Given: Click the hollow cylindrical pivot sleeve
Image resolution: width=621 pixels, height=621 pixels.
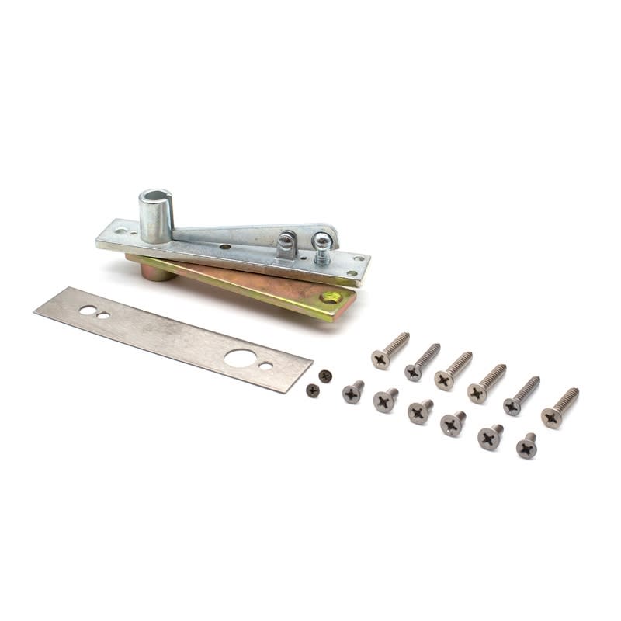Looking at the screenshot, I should tap(155, 213).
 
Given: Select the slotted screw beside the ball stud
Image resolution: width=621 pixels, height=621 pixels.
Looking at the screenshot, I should tap(286, 243).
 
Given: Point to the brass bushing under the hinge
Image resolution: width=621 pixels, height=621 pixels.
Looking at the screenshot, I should tap(156, 271).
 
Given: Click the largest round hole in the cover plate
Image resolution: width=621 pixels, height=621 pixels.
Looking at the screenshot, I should tap(240, 358).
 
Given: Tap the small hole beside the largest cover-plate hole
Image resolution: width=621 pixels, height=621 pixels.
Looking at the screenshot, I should tap(266, 366).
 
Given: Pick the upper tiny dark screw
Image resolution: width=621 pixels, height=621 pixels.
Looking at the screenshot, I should tap(325, 376).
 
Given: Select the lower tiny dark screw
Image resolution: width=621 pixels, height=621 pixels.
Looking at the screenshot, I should tap(312, 390).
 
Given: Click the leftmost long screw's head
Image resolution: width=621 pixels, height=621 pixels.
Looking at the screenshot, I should tap(380, 359).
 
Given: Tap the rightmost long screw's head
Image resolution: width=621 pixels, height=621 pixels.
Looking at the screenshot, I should tap(552, 418).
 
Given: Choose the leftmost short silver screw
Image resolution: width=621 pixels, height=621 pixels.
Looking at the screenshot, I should tap(352, 394).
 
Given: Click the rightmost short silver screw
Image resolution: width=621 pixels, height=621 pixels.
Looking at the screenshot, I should tap(526, 448).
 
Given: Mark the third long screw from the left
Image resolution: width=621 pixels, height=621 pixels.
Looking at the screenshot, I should tap(445, 380).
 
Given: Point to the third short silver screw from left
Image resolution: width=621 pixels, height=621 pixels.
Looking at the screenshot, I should tap(419, 412).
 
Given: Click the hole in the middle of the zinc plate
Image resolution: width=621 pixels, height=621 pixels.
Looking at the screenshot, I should tap(224, 246).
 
